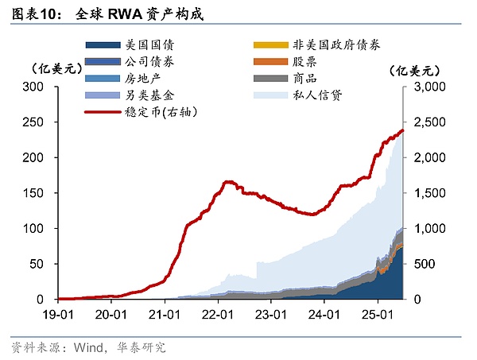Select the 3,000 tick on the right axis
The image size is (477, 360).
coord(427,87)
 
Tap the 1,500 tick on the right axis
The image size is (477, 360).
coord(427,193)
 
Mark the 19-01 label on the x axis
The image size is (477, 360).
coord(58,314)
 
